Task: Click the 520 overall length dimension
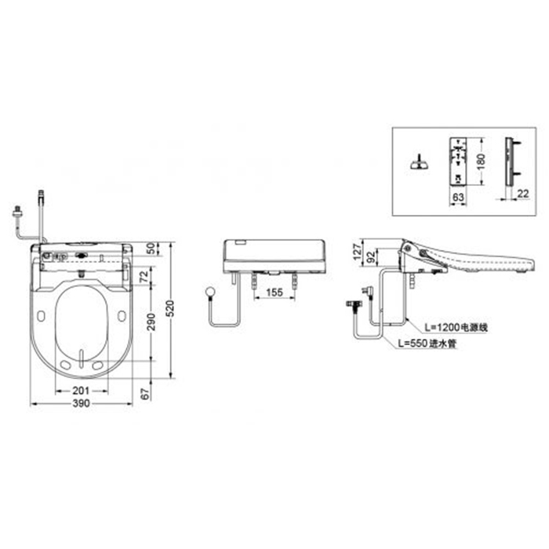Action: (170, 308)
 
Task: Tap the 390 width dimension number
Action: (82, 403)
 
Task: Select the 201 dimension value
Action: (82, 391)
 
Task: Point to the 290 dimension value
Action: (151, 322)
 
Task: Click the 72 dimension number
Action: (144, 277)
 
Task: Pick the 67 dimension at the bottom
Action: (145, 394)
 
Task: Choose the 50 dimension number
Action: (151, 249)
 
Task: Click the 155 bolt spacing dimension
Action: (274, 292)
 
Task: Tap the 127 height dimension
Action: (357, 252)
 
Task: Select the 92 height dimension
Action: (372, 256)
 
